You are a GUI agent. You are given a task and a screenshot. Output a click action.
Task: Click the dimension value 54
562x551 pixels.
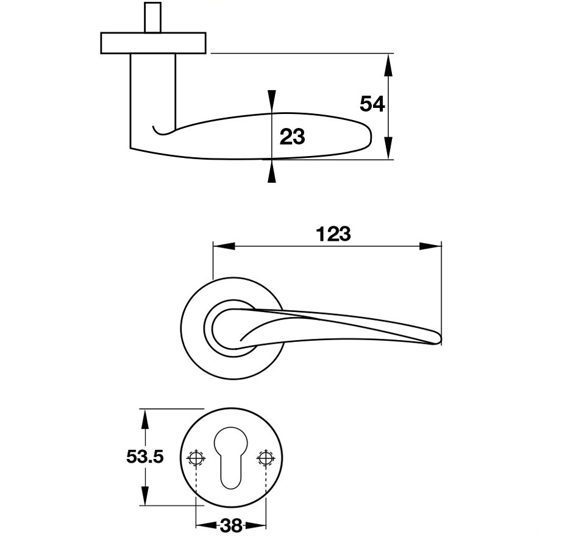coord(372,104)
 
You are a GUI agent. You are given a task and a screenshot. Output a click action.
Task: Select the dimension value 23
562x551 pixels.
coord(292,137)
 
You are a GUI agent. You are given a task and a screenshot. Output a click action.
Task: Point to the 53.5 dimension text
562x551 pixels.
coord(145,457)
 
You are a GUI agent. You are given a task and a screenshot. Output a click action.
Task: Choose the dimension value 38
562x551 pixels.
coord(231,526)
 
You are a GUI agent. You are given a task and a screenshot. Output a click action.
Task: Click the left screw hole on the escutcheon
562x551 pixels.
coord(196,458)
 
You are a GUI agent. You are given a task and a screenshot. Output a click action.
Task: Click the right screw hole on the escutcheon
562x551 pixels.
coord(266,458)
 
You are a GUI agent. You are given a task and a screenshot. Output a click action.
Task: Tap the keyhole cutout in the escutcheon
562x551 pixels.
coord(231,457)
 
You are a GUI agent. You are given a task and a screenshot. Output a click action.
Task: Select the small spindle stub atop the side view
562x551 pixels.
coord(152,17)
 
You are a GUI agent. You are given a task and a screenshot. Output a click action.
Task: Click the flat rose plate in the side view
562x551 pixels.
coord(154,43)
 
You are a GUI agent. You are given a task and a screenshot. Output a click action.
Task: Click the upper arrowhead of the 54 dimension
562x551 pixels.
coord(388,65)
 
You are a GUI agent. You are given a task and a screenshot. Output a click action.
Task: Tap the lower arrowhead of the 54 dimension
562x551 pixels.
coord(388,148)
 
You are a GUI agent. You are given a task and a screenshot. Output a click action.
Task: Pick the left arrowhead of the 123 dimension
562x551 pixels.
coord(224,246)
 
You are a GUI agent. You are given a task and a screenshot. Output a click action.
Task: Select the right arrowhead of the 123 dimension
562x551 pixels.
coord(430,246)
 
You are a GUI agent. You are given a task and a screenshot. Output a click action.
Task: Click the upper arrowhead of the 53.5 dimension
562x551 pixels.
coord(144,420)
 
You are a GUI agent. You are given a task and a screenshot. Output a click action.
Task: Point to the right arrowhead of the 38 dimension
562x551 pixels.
coord(255,526)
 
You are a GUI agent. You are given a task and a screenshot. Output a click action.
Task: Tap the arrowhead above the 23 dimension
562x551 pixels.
coord(272,101)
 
